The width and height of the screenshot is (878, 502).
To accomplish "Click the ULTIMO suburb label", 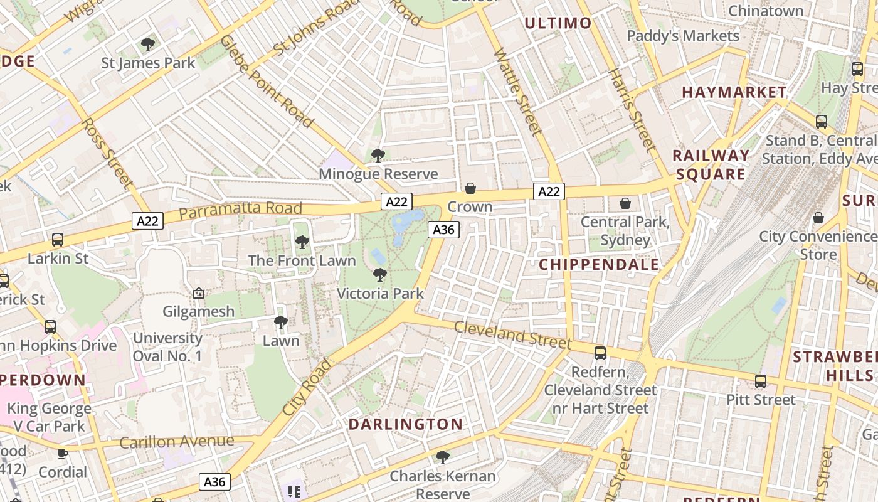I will point(558,23).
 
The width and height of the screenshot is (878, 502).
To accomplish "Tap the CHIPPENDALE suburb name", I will point(599,264).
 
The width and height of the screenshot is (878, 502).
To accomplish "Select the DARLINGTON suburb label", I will point(405,424).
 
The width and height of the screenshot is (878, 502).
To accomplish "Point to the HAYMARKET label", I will point(734,92).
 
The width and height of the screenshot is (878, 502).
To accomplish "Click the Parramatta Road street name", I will point(240,210).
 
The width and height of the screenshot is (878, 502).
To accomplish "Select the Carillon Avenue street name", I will point(176,442).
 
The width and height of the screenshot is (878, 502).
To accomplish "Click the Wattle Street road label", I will point(517,92).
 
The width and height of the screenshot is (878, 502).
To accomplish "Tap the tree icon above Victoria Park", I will point(379,274).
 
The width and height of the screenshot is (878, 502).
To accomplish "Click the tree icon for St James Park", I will point(148,44).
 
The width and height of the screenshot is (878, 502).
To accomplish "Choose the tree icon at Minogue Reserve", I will point(378,155).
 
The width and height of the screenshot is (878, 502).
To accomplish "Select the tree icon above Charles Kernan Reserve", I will point(443,457).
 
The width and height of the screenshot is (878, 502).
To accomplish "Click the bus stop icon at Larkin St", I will point(58,239).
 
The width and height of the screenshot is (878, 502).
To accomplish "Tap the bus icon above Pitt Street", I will point(761,381).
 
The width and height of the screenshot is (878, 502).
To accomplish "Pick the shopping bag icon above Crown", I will point(470,188).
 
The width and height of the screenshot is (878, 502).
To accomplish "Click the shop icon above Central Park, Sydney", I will point(625,203).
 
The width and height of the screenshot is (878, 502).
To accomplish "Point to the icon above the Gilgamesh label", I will point(199,292).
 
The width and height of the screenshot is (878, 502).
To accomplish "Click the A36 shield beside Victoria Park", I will point(443,230).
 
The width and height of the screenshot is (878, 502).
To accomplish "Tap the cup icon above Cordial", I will point(63,453).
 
